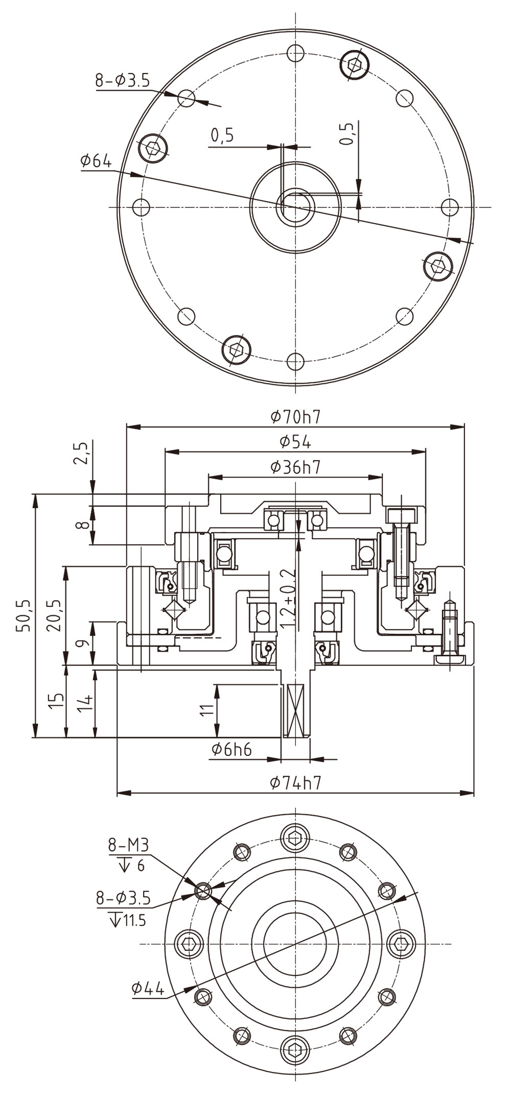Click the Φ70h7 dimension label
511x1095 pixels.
coord(295,417)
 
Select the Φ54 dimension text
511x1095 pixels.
coord(295,442)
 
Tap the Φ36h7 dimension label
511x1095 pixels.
coord(295,467)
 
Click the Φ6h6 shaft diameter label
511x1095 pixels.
coord(231,749)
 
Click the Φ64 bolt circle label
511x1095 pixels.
coord(96,161)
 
